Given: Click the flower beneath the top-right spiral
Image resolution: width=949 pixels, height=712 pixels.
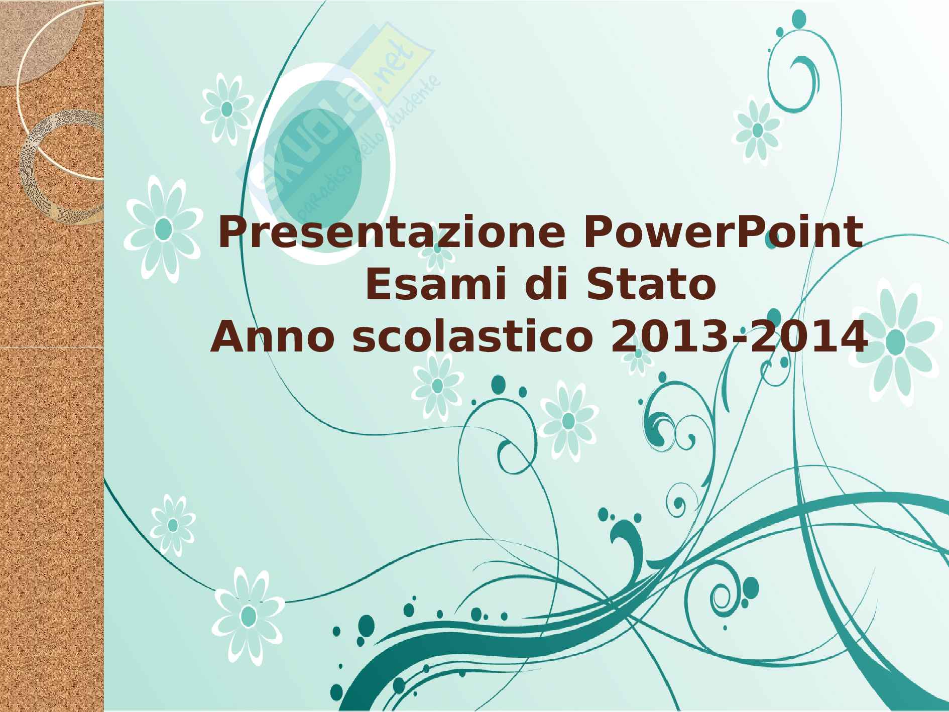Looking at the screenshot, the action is click(757, 130).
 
